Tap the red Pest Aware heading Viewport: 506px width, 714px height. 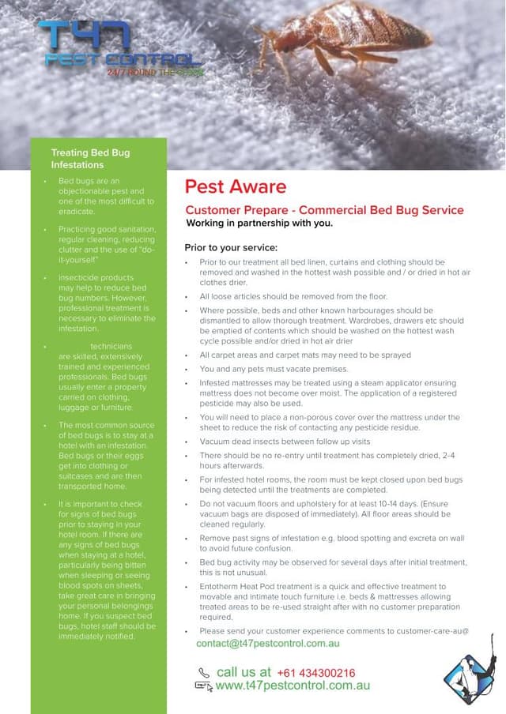(x=236, y=187)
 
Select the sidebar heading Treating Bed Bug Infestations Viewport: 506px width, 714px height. (x=90, y=159)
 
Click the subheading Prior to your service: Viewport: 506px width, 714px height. (x=231, y=246)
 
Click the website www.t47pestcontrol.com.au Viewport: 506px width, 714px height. (x=293, y=686)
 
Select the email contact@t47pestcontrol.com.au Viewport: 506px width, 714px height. (x=268, y=644)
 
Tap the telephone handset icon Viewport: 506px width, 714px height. (x=204, y=673)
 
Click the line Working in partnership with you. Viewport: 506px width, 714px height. (x=259, y=224)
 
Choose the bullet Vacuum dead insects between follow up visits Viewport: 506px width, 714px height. (x=285, y=442)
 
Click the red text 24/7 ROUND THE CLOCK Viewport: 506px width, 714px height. (x=155, y=73)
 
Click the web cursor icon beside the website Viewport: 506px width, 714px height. (x=204, y=687)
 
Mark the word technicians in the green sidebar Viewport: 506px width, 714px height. (x=111, y=347)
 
